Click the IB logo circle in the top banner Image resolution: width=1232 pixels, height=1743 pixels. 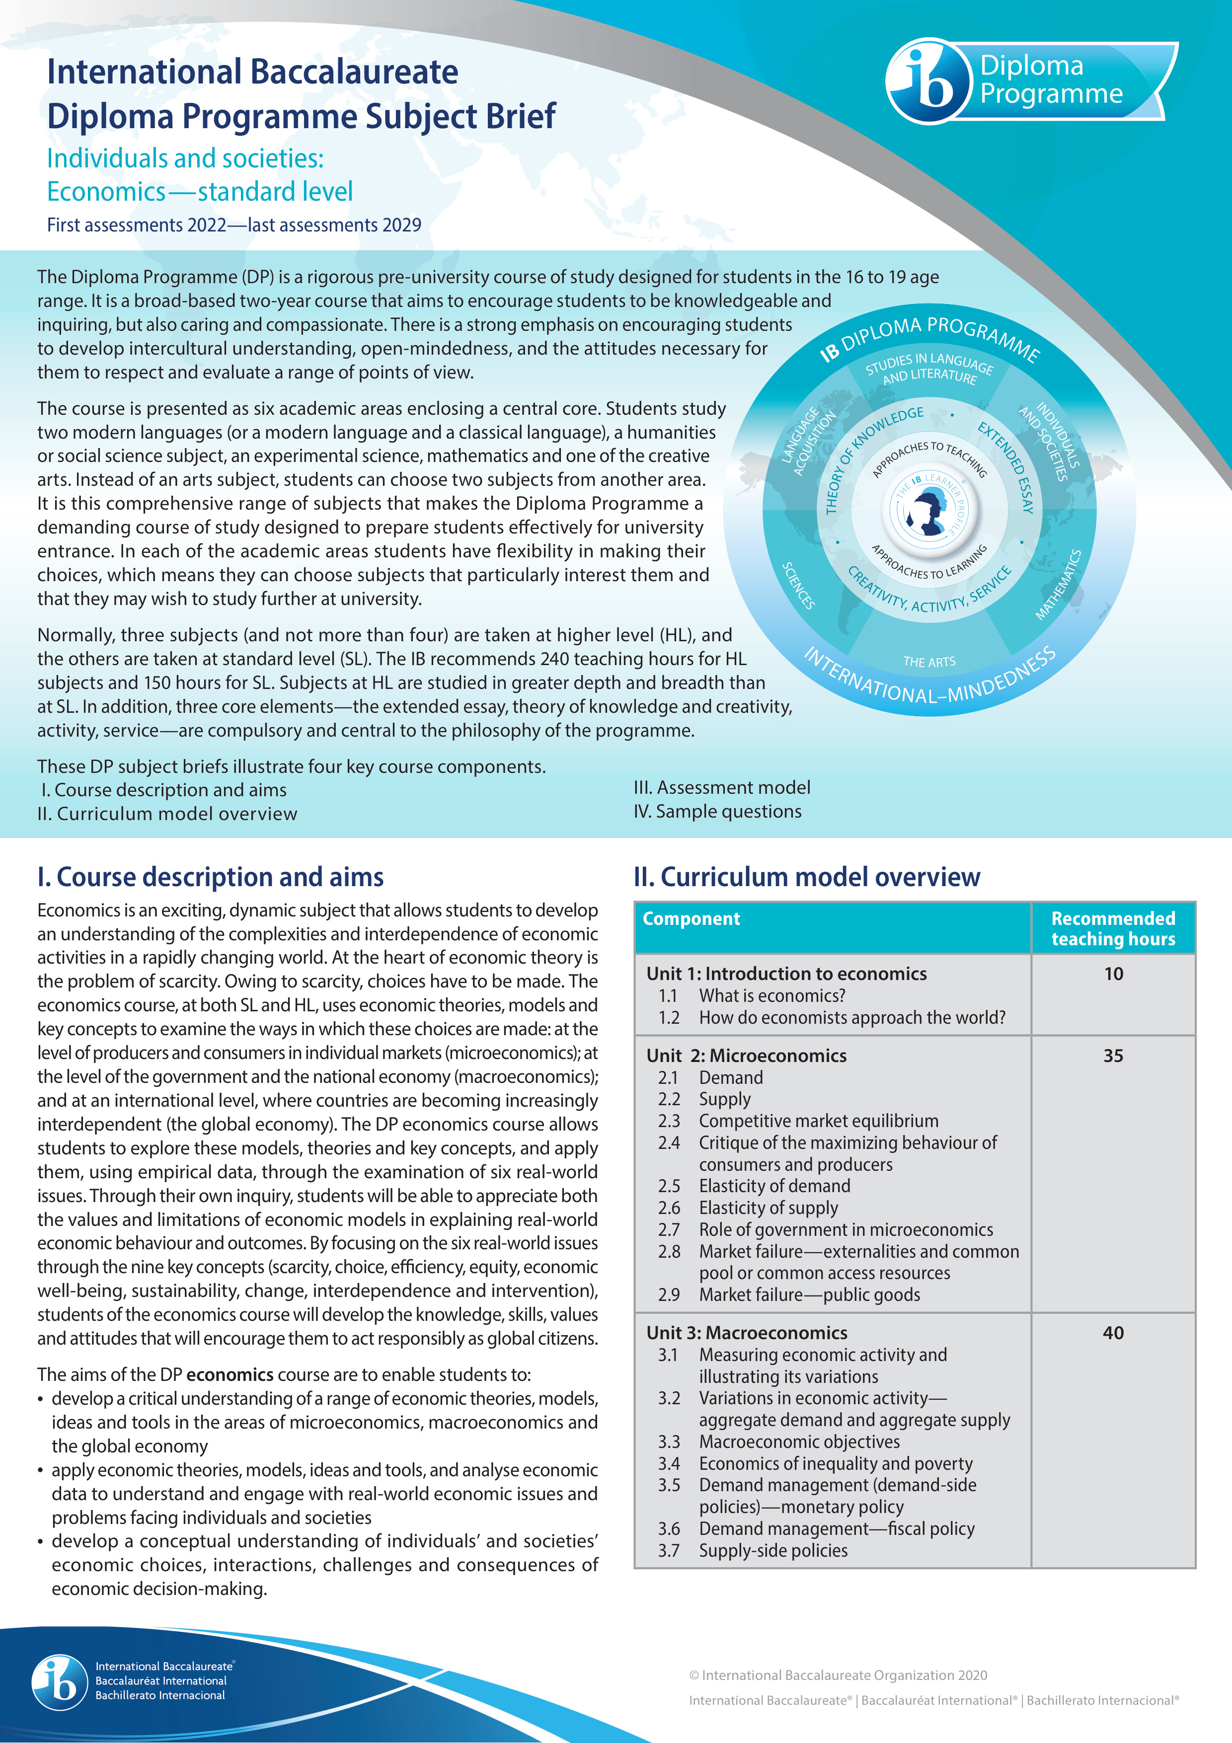pyautogui.click(x=928, y=82)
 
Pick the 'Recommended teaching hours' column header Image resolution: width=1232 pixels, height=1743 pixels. pyautogui.click(x=1112, y=928)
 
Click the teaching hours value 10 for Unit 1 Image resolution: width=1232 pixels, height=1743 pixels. pyautogui.click(x=1113, y=974)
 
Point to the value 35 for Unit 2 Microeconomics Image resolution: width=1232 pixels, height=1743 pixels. pyautogui.click(x=1113, y=1056)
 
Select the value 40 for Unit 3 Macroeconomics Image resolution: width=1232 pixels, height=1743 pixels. pyautogui.click(x=1113, y=1333)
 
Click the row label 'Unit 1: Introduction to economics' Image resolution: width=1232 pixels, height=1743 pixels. pyautogui.click(x=786, y=974)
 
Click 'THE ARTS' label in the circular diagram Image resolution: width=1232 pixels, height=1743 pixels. pyautogui.click(x=929, y=662)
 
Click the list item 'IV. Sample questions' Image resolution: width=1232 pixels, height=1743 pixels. pyautogui.click(x=717, y=812)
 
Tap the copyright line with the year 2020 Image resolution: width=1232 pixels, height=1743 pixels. pyautogui.click(x=838, y=1675)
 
